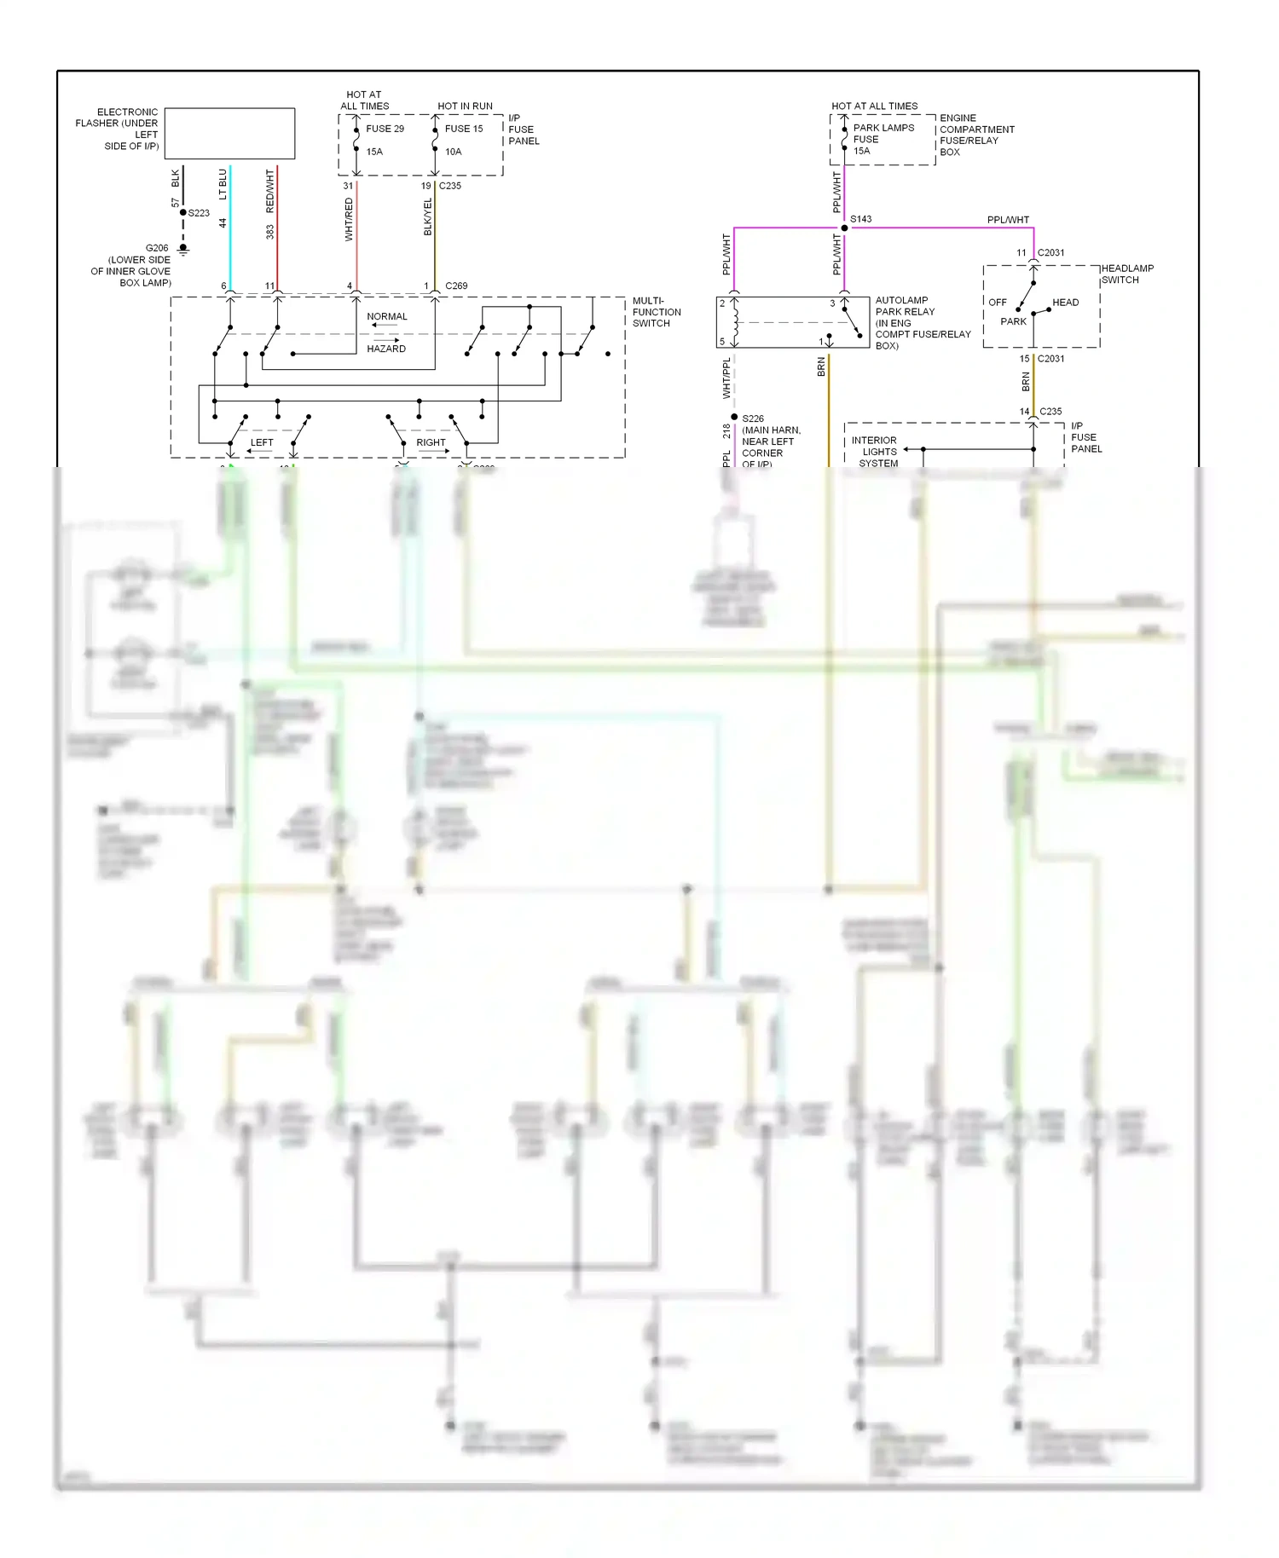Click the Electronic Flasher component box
pyautogui.click(x=229, y=133)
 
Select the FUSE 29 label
pyautogui.click(x=385, y=129)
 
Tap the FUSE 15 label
pyautogui.click(x=464, y=129)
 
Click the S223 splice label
pyautogui.click(x=199, y=213)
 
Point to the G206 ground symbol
pyautogui.click(x=182, y=249)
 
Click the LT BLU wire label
pyautogui.click(x=223, y=184)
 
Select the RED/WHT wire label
pyautogui.click(x=270, y=192)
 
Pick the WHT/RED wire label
pyautogui.click(x=349, y=219)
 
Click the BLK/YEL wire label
pyautogui.click(x=428, y=217)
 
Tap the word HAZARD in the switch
pyautogui.click(x=386, y=349)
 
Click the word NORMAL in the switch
pyautogui.click(x=387, y=316)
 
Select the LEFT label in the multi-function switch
pyautogui.click(x=262, y=442)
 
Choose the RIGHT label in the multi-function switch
pyautogui.click(x=431, y=442)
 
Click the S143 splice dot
pyautogui.click(x=844, y=228)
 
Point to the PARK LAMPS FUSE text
pyautogui.click(x=883, y=134)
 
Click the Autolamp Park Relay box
pyautogui.click(x=792, y=322)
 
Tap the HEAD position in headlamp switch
pyautogui.click(x=1065, y=303)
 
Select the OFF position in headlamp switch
pyautogui.click(x=997, y=303)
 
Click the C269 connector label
pyautogui.click(x=456, y=286)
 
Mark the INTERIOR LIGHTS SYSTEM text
pyautogui.click(x=875, y=452)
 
